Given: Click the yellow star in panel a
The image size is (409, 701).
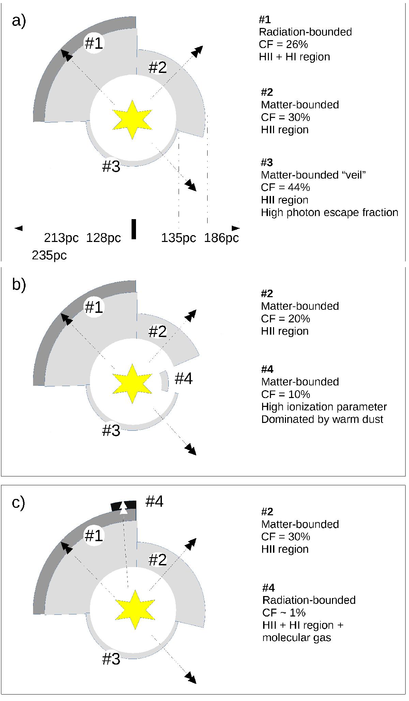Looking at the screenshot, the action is pyautogui.click(x=132, y=120).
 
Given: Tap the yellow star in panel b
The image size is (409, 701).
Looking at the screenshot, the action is pyautogui.click(x=132, y=384).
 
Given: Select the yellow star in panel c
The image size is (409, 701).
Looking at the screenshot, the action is pyautogui.click(x=135, y=610).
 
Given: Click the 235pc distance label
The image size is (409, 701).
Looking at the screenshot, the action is pyautogui.click(x=49, y=255).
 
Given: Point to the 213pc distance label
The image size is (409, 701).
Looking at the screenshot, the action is pyautogui.click(x=61, y=238).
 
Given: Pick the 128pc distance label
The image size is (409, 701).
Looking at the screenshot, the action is pyautogui.click(x=104, y=238).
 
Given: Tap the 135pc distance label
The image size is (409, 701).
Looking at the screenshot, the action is pyautogui.click(x=179, y=238).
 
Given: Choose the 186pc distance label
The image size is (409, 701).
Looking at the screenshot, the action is pyautogui.click(x=222, y=238).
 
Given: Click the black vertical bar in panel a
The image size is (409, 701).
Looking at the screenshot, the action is pyautogui.click(x=134, y=229).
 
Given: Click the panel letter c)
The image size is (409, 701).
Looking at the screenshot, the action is pyautogui.click(x=18, y=503).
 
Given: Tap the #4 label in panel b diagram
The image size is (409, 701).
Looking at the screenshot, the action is pyautogui.click(x=184, y=379).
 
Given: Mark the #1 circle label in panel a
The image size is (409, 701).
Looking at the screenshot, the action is pyautogui.click(x=94, y=43).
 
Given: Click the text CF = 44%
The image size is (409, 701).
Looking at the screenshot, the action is pyautogui.click(x=286, y=187).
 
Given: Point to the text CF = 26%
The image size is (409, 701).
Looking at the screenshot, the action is pyautogui.click(x=284, y=44).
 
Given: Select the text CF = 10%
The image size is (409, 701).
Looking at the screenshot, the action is pyautogui.click(x=286, y=394).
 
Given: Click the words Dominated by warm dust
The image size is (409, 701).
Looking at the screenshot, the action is pyautogui.click(x=322, y=419).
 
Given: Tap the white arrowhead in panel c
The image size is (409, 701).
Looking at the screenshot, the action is pyautogui.click(x=124, y=509).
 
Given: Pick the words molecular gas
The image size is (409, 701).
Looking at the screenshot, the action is pyautogui.click(x=297, y=637).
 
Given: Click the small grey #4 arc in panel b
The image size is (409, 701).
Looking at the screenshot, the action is pyautogui.click(x=165, y=381).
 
